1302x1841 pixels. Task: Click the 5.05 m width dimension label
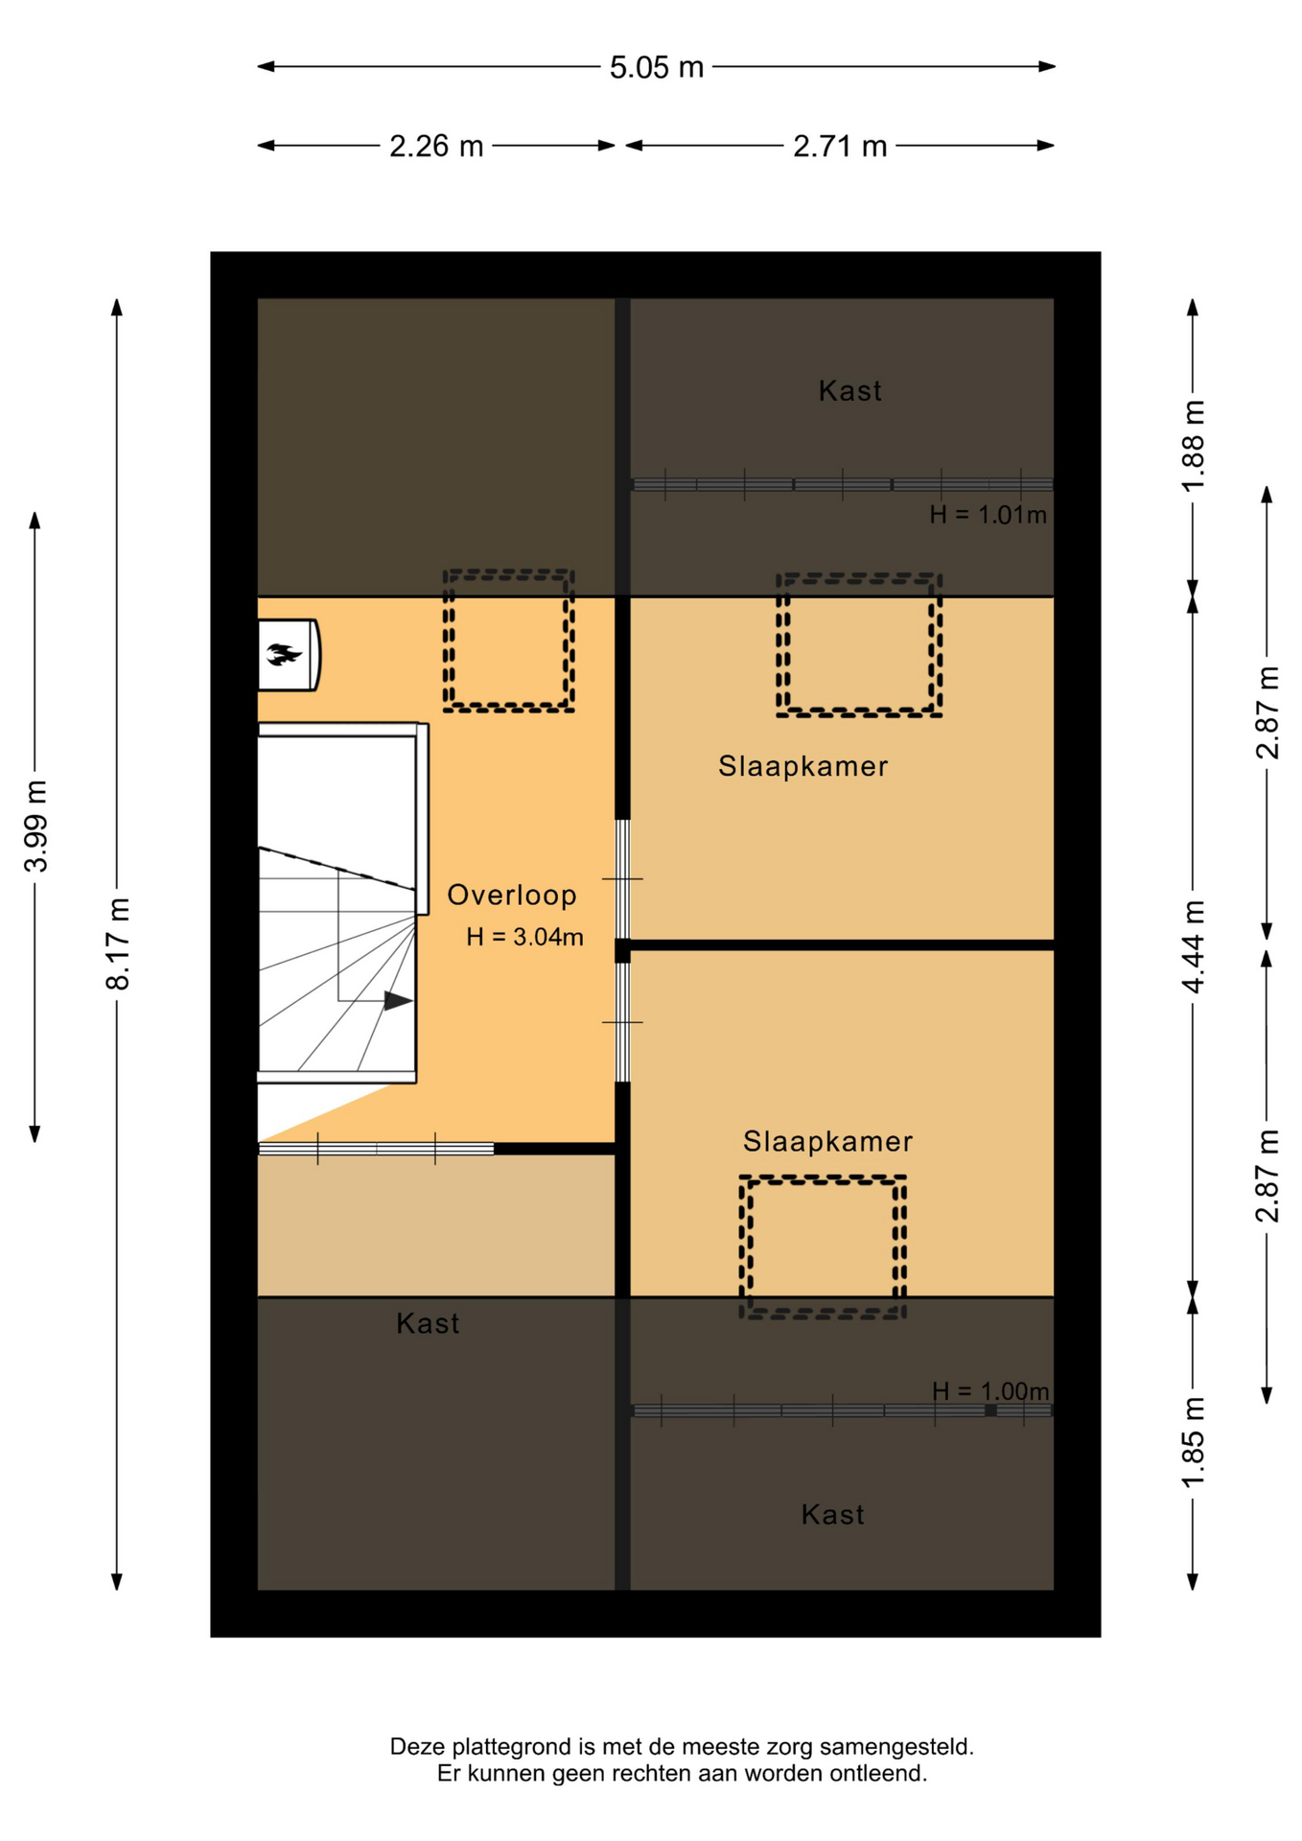coord(657,67)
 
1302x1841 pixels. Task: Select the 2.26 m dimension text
coord(436,146)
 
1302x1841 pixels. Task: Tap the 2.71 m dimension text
coord(840,146)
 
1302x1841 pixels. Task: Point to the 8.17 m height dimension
coord(118,944)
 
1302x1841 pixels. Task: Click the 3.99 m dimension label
coord(35,826)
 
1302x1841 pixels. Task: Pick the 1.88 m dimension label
coord(1193,445)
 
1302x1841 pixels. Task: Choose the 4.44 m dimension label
coord(1193,946)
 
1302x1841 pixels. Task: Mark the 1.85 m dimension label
coord(1193,1444)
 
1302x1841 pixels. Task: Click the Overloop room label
coord(512,895)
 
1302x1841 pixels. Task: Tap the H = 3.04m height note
coord(524,937)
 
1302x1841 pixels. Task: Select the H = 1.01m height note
coord(988,515)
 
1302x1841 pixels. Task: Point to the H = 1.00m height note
coord(990,1390)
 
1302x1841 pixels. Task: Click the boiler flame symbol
coord(283,655)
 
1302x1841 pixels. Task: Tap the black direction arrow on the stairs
coord(398,1001)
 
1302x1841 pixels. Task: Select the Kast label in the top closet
coord(849,391)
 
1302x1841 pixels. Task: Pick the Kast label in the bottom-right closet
coord(832,1515)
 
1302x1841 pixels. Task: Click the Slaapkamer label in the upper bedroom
coord(803,766)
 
